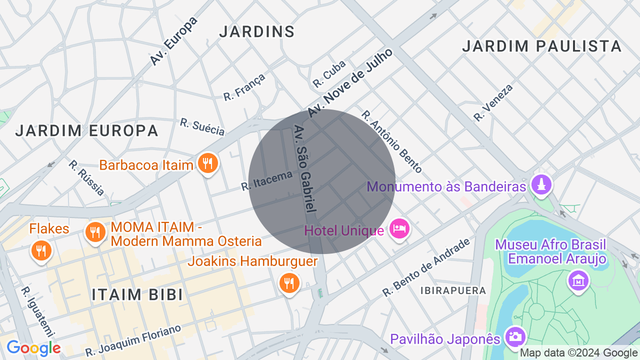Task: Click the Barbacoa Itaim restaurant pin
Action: click(x=207, y=163)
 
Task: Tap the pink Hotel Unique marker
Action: click(x=399, y=229)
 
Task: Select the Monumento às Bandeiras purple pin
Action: click(x=540, y=184)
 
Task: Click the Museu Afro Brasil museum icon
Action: click(x=578, y=279)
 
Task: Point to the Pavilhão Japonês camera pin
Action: click(x=514, y=336)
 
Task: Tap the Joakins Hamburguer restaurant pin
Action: click(x=288, y=283)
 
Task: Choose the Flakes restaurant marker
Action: click(x=41, y=249)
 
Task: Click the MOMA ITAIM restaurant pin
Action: click(x=95, y=232)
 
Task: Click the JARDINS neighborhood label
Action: click(x=257, y=31)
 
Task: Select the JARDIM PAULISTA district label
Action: click(x=541, y=46)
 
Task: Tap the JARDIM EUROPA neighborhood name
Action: click(x=86, y=131)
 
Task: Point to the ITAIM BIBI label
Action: click(x=137, y=294)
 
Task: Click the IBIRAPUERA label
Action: click(x=452, y=290)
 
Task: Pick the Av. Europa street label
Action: click(x=174, y=41)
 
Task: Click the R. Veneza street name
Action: click(x=493, y=102)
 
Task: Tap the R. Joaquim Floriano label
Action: click(x=133, y=340)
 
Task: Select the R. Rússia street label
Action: click(x=86, y=177)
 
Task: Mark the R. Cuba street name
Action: click(x=329, y=73)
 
